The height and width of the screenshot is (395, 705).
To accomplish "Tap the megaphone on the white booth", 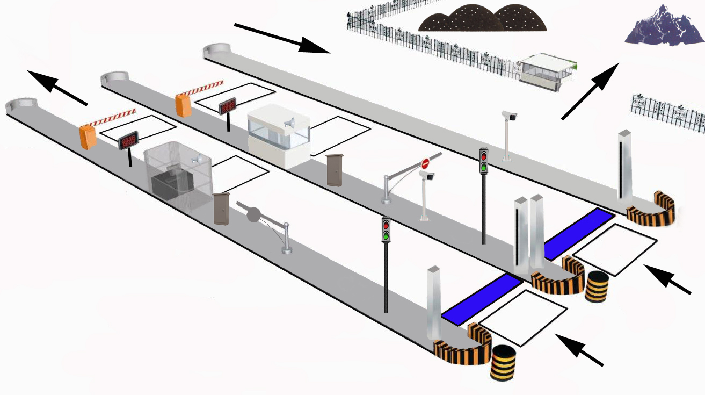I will click(x=290, y=124).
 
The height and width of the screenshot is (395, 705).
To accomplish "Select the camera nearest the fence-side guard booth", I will click(x=509, y=116).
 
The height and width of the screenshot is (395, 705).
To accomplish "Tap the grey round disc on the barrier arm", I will click(x=253, y=214).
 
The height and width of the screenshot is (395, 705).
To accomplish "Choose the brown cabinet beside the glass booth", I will click(x=221, y=209).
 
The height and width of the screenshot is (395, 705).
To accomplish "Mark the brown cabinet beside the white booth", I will click(x=335, y=170).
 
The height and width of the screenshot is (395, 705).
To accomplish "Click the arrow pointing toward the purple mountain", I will click(x=591, y=91).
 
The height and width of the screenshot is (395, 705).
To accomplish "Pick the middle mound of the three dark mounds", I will click(x=471, y=17).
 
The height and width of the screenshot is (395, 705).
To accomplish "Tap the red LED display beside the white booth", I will click(x=228, y=106).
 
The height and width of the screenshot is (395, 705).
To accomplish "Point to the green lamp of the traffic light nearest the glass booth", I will click(x=386, y=235).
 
